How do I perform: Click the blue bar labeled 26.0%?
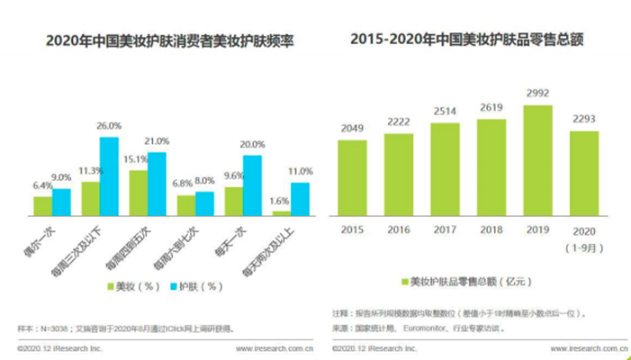coord(109,176)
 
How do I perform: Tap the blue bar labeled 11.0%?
coord(300,199)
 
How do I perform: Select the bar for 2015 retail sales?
coord(353,177)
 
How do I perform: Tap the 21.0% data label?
coord(158,142)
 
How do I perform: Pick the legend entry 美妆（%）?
coord(134,285)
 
